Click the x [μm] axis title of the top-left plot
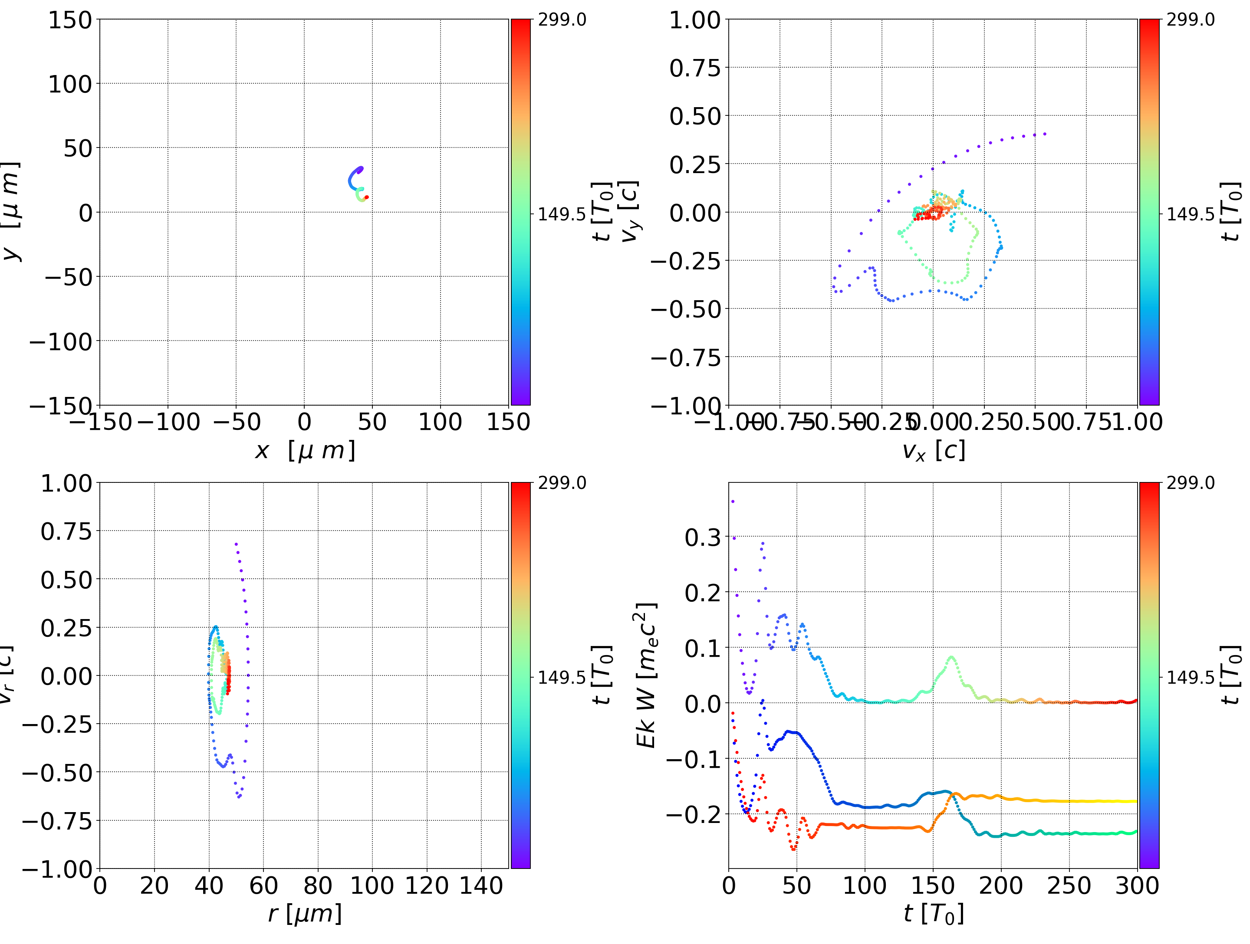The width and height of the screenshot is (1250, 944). click(305, 451)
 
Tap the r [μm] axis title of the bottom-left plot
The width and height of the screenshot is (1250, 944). click(305, 914)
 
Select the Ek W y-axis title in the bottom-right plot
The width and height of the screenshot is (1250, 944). click(646, 675)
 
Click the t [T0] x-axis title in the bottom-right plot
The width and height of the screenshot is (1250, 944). click(933, 914)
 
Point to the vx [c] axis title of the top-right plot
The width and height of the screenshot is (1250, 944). click(933, 451)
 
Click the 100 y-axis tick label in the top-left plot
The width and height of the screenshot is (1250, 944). click(69, 84)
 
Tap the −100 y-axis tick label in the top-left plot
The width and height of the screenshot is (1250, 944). click(60, 342)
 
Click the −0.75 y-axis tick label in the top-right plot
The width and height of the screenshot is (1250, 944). click(686, 357)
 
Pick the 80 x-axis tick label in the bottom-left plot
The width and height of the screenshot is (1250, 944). click(318, 885)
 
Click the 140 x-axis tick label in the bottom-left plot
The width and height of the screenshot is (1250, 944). click(481, 885)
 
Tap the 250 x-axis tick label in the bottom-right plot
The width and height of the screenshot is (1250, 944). click(1069, 885)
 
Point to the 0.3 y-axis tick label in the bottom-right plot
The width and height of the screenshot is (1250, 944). click(703, 537)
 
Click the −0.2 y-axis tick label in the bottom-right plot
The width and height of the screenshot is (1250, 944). click(694, 814)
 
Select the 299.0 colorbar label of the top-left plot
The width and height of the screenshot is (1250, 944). click(562, 20)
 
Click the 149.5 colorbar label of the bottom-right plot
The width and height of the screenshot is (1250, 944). click(1190, 677)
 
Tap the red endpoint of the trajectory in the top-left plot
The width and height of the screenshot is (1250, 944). click(367, 197)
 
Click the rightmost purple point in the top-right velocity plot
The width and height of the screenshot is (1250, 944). click(1045, 134)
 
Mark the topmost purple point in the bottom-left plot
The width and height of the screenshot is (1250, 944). click(236, 544)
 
